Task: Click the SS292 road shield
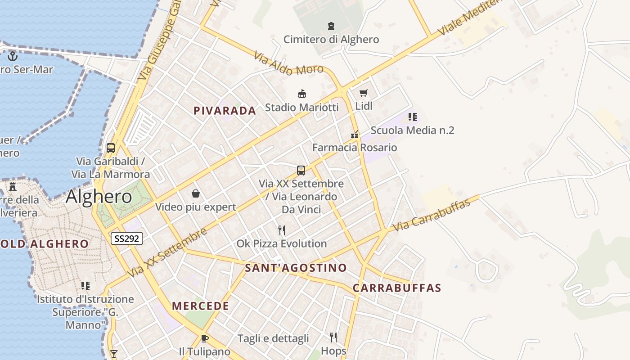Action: click(x=127, y=238)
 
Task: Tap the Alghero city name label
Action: click(x=99, y=197)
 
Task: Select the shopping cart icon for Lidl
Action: click(x=364, y=93)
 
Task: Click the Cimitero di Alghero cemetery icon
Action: click(x=331, y=26)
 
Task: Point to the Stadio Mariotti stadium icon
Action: click(x=302, y=94)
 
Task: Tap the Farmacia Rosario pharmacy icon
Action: click(x=355, y=135)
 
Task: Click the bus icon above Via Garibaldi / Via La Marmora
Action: click(x=111, y=148)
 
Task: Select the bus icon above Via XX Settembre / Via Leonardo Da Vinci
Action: click(x=301, y=171)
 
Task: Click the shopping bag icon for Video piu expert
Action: click(x=196, y=194)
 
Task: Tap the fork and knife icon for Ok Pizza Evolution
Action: click(x=282, y=230)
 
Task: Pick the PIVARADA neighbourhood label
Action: click(x=225, y=111)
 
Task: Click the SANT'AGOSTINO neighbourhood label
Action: click(x=296, y=268)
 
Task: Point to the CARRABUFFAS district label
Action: click(x=396, y=288)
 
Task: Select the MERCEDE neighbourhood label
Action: click(x=200, y=306)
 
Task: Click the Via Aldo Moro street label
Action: click(x=288, y=63)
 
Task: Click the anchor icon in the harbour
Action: click(x=13, y=56)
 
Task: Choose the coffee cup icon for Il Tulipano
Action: click(x=205, y=338)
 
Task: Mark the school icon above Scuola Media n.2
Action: click(x=413, y=117)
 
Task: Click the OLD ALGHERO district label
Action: click(x=45, y=244)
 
